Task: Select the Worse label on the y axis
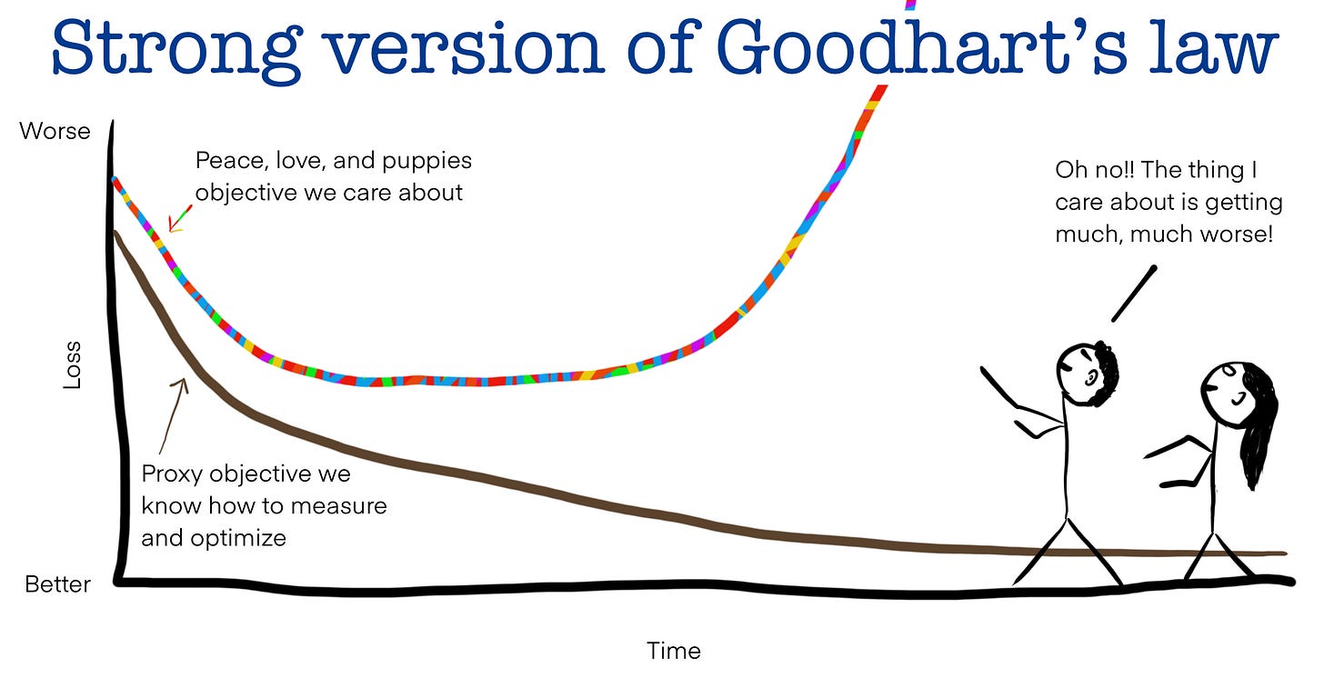coord(55,131)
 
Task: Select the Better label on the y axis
coord(57,584)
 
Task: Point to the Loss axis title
coord(72,365)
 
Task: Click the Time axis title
coord(674,651)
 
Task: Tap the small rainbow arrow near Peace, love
coord(179,219)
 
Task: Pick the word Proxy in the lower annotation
coord(172,474)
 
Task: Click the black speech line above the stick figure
coord(1133,294)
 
